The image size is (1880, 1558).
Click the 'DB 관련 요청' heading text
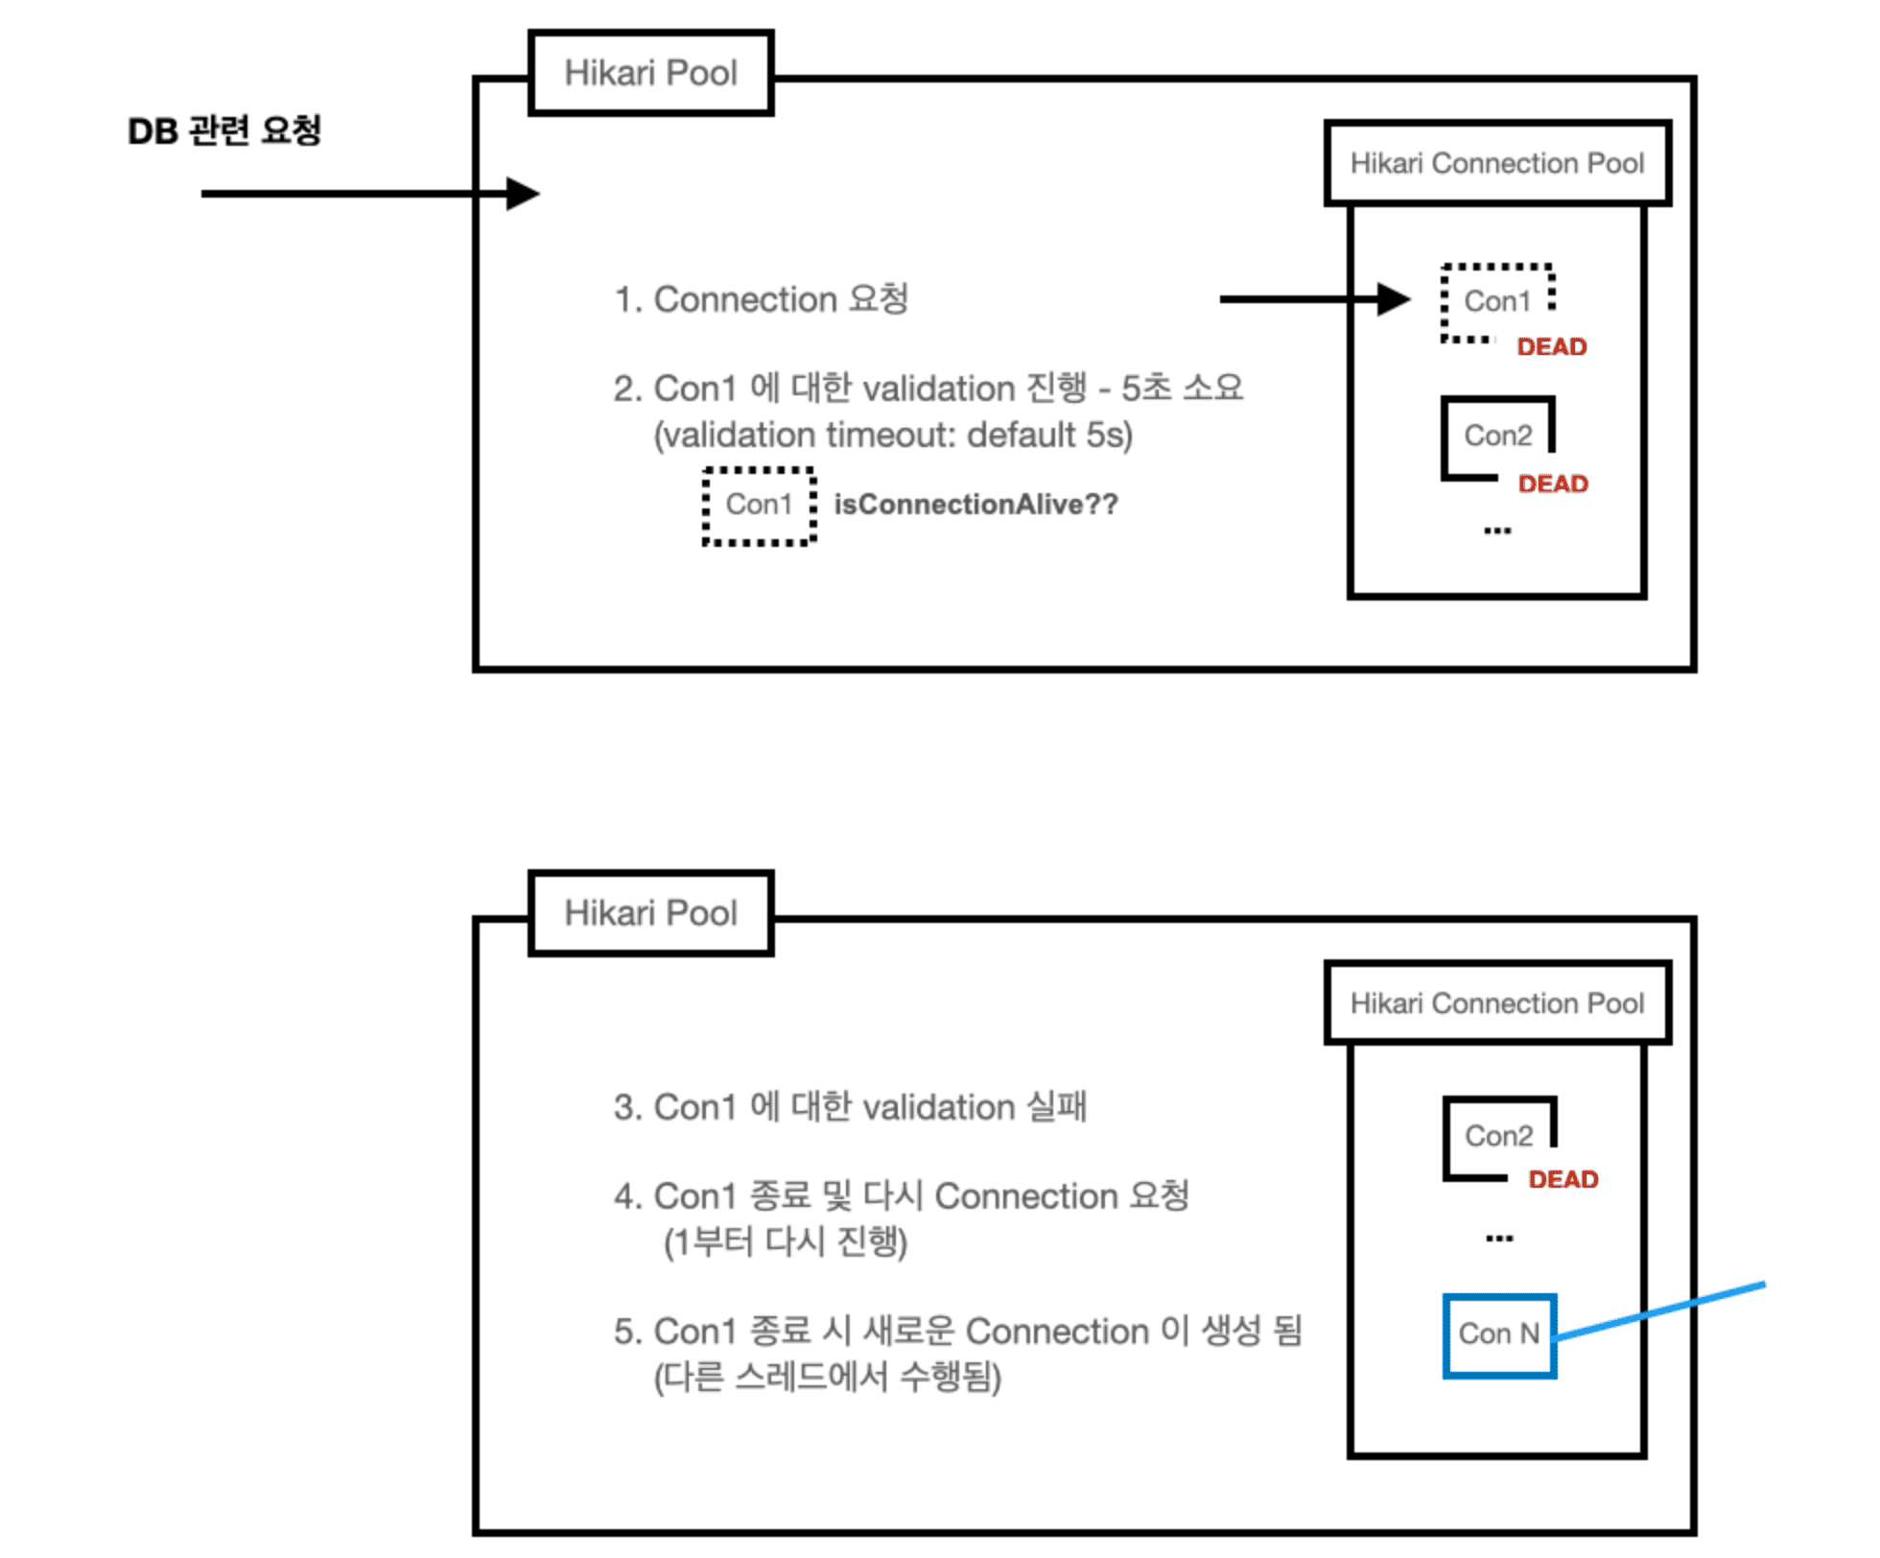click(x=224, y=130)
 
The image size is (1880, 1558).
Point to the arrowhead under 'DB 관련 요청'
click(x=523, y=194)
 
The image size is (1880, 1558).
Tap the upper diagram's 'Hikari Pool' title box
click(x=651, y=73)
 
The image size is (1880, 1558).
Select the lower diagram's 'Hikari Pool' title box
click(x=651, y=913)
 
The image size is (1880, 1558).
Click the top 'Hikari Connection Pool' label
click(x=1497, y=164)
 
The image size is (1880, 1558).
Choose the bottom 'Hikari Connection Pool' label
click(x=1497, y=1003)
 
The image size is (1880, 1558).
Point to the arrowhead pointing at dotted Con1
click(x=1393, y=299)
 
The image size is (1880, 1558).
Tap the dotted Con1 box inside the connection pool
click(x=1497, y=302)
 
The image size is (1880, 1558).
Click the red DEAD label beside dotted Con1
click(x=1552, y=347)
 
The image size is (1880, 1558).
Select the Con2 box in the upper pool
click(x=1497, y=437)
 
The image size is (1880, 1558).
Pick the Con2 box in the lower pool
click(x=1498, y=1137)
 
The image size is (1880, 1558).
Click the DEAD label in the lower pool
click(x=1563, y=1180)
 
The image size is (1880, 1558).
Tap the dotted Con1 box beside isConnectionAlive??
click(x=759, y=506)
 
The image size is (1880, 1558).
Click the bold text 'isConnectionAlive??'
click(x=976, y=505)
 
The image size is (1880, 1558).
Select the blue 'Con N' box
click(x=1499, y=1335)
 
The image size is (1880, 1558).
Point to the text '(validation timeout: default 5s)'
click(x=893, y=436)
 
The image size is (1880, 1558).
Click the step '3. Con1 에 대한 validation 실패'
click(x=851, y=1107)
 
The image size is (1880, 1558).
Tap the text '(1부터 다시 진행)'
click(x=786, y=1243)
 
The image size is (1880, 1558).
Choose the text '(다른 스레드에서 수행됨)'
click(x=828, y=1379)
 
